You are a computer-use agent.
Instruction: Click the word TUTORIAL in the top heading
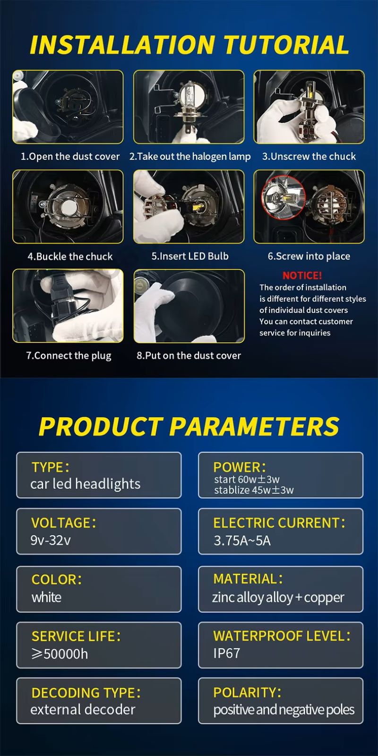(x=286, y=44)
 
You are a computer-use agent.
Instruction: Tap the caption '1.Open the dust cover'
(x=70, y=156)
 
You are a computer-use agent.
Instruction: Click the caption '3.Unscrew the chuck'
(x=309, y=156)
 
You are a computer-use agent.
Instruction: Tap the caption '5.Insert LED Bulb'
(x=190, y=256)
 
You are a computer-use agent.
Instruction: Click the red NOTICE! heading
(x=302, y=276)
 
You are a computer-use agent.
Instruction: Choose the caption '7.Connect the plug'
(x=69, y=356)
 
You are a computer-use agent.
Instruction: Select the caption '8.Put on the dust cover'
(x=189, y=355)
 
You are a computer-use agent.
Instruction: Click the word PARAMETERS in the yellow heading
(x=254, y=426)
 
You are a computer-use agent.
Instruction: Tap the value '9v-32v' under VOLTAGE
(x=51, y=541)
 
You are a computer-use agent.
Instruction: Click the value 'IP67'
(x=226, y=653)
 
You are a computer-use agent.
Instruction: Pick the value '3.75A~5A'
(x=242, y=541)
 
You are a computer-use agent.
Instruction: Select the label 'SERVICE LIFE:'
(x=76, y=636)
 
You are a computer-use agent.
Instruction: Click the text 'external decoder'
(x=83, y=709)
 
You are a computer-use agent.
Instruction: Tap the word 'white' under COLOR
(x=47, y=597)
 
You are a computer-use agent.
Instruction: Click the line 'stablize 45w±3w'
(x=254, y=490)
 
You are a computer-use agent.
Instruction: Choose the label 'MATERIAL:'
(x=248, y=579)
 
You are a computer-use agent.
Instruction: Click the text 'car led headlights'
(x=86, y=484)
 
